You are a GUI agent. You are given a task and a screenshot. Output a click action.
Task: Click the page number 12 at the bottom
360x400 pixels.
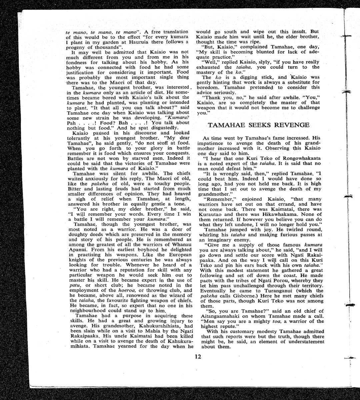click(x=198, y=356)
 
